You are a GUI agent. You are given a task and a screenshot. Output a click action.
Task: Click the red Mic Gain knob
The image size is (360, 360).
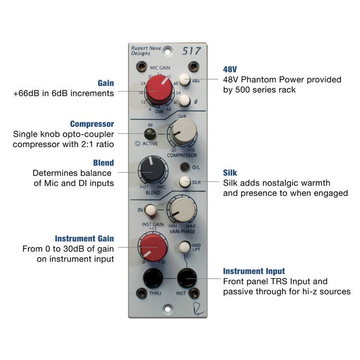click(159, 88)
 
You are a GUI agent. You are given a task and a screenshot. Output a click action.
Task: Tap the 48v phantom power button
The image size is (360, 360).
click(184, 80)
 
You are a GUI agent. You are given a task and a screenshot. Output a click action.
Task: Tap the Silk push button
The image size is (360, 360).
click(185, 182)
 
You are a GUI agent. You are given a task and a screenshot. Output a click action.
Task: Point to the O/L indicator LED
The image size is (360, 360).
click(185, 167)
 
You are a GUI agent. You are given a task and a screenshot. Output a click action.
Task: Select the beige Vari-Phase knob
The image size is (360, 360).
click(182, 210)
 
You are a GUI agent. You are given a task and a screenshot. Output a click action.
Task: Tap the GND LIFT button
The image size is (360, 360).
click(184, 247)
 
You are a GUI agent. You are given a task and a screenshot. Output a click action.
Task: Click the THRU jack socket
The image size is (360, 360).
click(153, 278)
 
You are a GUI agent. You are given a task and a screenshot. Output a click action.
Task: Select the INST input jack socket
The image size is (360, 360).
click(187, 278)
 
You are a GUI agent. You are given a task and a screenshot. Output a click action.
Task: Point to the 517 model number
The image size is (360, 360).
click(191, 51)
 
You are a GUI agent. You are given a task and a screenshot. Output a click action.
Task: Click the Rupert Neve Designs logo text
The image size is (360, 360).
click(146, 51)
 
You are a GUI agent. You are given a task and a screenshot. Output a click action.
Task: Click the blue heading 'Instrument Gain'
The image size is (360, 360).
click(84, 239)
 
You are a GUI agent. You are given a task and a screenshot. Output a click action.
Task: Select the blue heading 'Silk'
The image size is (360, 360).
click(230, 173)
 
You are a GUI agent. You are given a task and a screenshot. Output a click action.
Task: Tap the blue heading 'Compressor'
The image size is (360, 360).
click(92, 124)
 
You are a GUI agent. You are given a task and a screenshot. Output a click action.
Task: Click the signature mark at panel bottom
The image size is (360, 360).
click(198, 309)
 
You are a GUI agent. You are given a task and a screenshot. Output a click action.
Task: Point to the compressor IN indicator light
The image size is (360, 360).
click(150, 134)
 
